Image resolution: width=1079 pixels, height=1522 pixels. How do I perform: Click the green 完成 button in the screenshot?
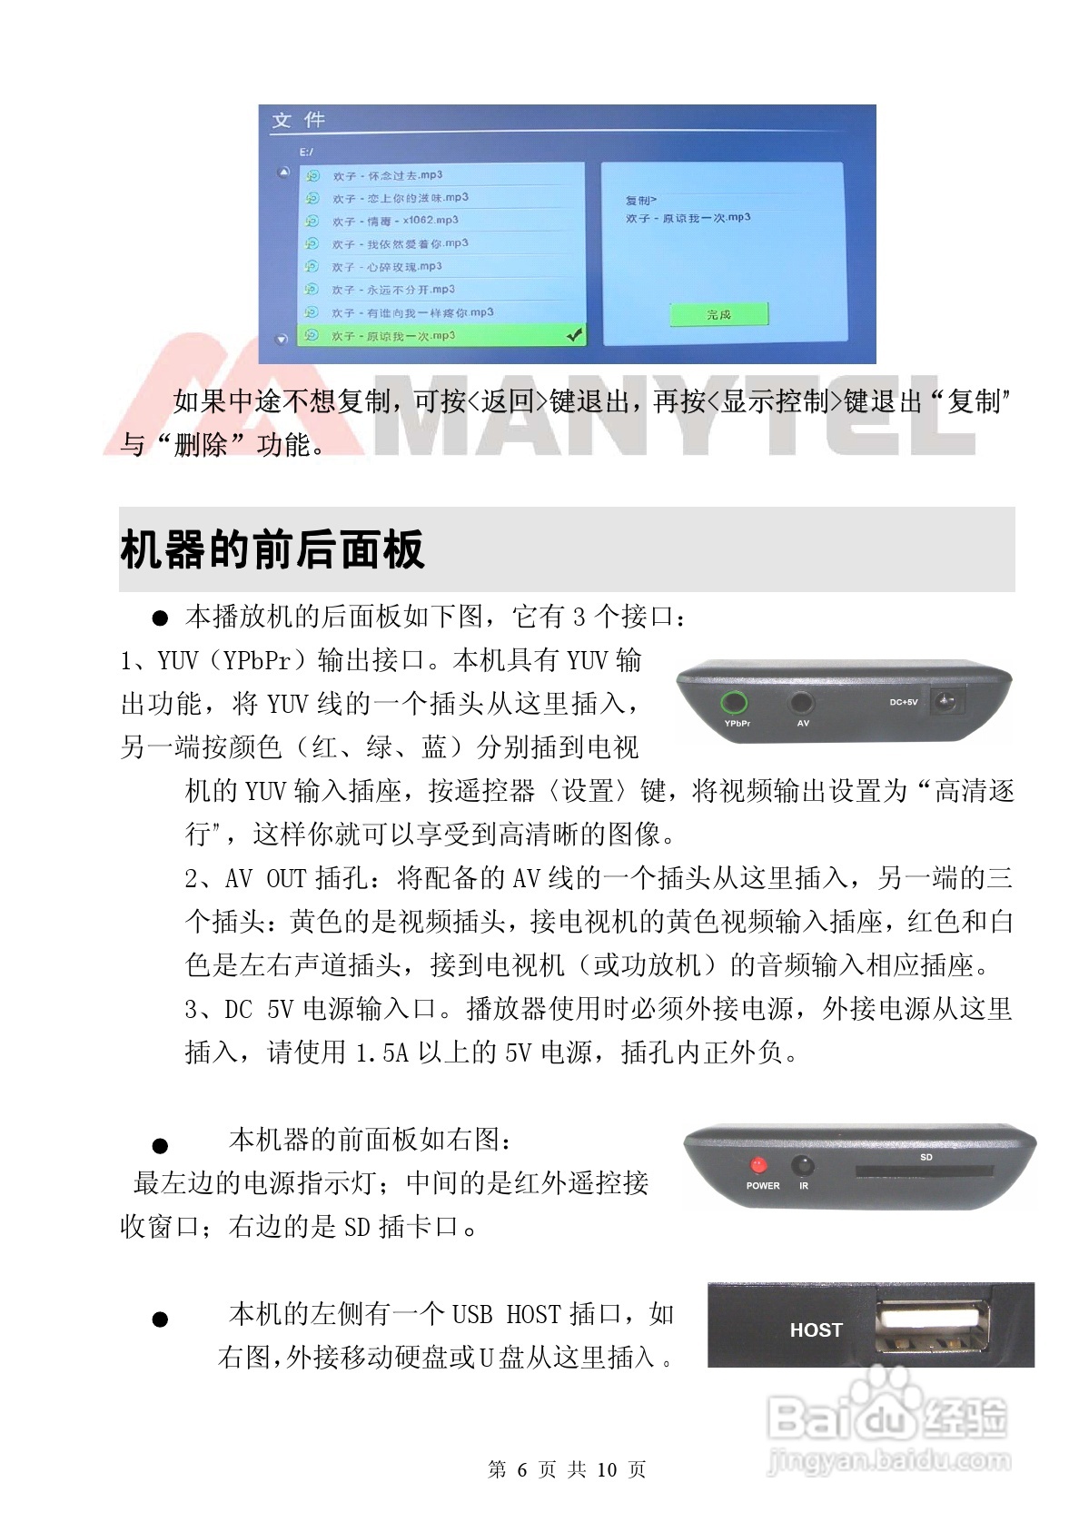718,314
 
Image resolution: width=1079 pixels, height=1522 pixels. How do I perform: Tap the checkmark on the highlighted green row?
574,336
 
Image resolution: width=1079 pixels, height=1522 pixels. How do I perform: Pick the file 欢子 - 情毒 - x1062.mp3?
394,221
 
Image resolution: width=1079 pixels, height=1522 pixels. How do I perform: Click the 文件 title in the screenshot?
298,120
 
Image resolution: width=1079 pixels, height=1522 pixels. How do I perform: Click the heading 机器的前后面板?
272,550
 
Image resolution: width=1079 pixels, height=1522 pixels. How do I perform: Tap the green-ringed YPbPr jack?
733,703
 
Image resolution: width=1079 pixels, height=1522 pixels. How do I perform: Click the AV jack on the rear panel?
802,703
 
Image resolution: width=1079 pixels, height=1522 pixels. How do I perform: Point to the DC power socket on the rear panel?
950,702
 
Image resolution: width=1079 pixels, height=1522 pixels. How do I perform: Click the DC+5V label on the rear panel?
903,702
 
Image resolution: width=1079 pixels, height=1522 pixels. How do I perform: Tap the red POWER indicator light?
757,1165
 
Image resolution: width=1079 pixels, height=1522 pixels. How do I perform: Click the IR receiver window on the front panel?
802,1166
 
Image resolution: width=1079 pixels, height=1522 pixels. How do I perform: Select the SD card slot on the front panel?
924,1172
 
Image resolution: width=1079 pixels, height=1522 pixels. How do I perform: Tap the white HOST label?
816,1330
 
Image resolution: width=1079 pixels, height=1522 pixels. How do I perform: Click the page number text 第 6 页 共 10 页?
567,1469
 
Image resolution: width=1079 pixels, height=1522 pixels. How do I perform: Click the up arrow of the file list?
283,173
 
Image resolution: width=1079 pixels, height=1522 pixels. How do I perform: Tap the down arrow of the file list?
282,339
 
